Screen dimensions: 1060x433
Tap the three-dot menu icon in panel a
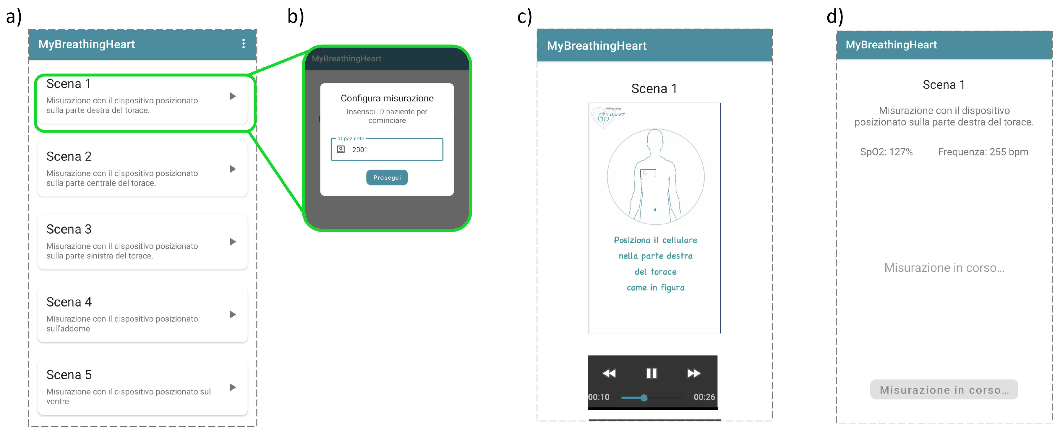244,44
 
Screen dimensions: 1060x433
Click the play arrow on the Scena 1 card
233,96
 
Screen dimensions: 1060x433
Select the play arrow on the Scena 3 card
233,242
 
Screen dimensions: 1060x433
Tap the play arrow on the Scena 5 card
233,387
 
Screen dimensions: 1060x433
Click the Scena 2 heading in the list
69,157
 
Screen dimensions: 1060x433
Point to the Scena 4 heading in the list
69,302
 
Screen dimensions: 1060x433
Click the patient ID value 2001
359,150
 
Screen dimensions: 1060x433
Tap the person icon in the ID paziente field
341,149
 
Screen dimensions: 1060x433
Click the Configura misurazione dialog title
387,98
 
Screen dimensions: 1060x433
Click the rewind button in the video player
609,373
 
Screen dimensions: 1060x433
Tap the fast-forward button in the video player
693,373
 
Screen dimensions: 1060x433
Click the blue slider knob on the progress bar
644,398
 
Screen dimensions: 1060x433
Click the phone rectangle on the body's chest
648,173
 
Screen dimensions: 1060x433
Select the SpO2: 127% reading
886,152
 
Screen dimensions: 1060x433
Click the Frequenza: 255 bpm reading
983,152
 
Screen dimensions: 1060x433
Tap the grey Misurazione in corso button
944,390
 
